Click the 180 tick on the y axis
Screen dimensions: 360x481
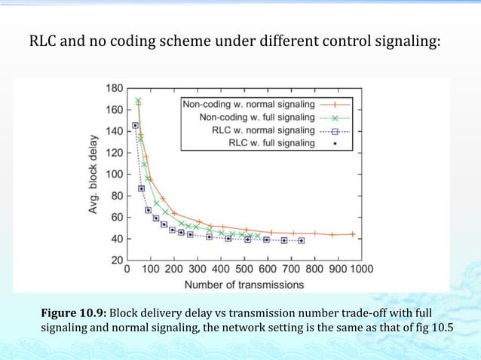[114, 88]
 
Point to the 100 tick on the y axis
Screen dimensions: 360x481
[114, 174]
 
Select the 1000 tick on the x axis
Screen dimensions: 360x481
[360, 269]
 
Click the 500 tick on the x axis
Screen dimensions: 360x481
[244, 269]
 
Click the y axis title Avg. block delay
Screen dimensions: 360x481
[93, 175]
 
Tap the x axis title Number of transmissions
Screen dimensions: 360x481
[244, 284]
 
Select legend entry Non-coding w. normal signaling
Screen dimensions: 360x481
[249, 105]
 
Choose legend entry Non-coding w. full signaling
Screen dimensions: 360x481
[257, 117]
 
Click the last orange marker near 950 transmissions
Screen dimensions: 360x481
[352, 234]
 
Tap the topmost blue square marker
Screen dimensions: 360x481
[135, 125]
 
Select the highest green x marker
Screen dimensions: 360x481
[138, 100]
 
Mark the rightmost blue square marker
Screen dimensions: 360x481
[302, 240]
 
